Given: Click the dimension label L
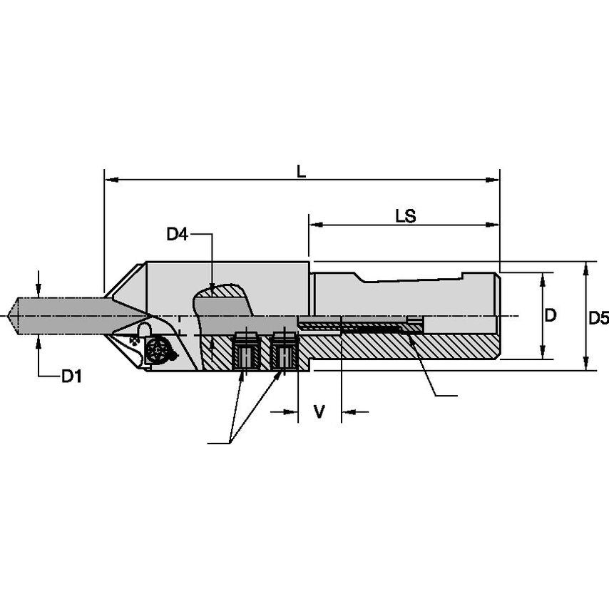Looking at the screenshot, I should coord(302,171).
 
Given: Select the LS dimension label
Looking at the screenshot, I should coord(406,215).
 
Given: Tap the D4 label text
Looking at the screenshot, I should coord(178,234).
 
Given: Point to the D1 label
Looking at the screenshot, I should coord(70,376).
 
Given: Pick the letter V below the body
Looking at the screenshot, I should coord(319,411).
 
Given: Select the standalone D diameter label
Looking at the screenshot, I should coord(550,315).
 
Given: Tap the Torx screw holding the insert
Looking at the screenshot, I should coord(156,350).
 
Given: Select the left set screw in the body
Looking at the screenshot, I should coord(245,351).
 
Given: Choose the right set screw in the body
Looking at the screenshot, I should coord(284,351).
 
